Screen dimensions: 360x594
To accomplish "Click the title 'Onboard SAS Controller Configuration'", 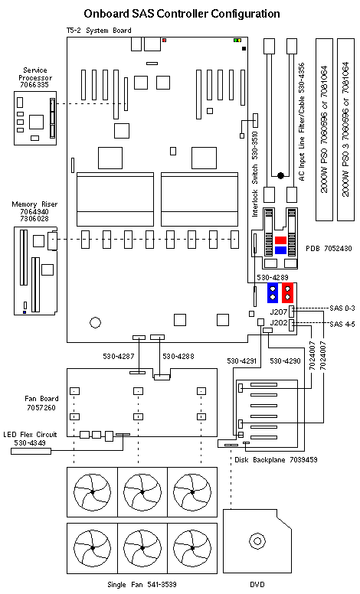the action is (182, 14).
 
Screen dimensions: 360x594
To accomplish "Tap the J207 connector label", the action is (279, 312).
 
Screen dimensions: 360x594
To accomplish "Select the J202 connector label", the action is (279, 323).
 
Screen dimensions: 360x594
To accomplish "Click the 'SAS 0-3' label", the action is (342, 308).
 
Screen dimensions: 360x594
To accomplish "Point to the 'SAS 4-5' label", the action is (342, 324).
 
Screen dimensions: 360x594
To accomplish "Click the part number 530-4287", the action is (119, 356).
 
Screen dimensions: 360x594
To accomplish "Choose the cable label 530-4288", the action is (178, 356).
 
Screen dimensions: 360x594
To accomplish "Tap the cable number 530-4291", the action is (242, 361).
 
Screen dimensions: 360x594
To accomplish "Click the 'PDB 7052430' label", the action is (329, 249).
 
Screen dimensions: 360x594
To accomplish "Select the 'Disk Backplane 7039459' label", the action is (276, 460).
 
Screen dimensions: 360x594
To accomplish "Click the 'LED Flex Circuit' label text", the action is (30, 435).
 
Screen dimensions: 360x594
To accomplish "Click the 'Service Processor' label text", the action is (35, 74).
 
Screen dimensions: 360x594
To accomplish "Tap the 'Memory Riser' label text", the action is (34, 204).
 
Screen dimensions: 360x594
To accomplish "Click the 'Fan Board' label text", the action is (41, 399).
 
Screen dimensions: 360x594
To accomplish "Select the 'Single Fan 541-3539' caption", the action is (142, 584).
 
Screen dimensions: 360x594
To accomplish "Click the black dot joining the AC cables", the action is (280, 175).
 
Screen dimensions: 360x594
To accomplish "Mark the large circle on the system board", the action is (95, 322).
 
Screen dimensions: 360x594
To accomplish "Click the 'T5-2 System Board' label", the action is (100, 31).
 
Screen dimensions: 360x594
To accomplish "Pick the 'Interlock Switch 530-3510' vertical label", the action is (254, 174).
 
